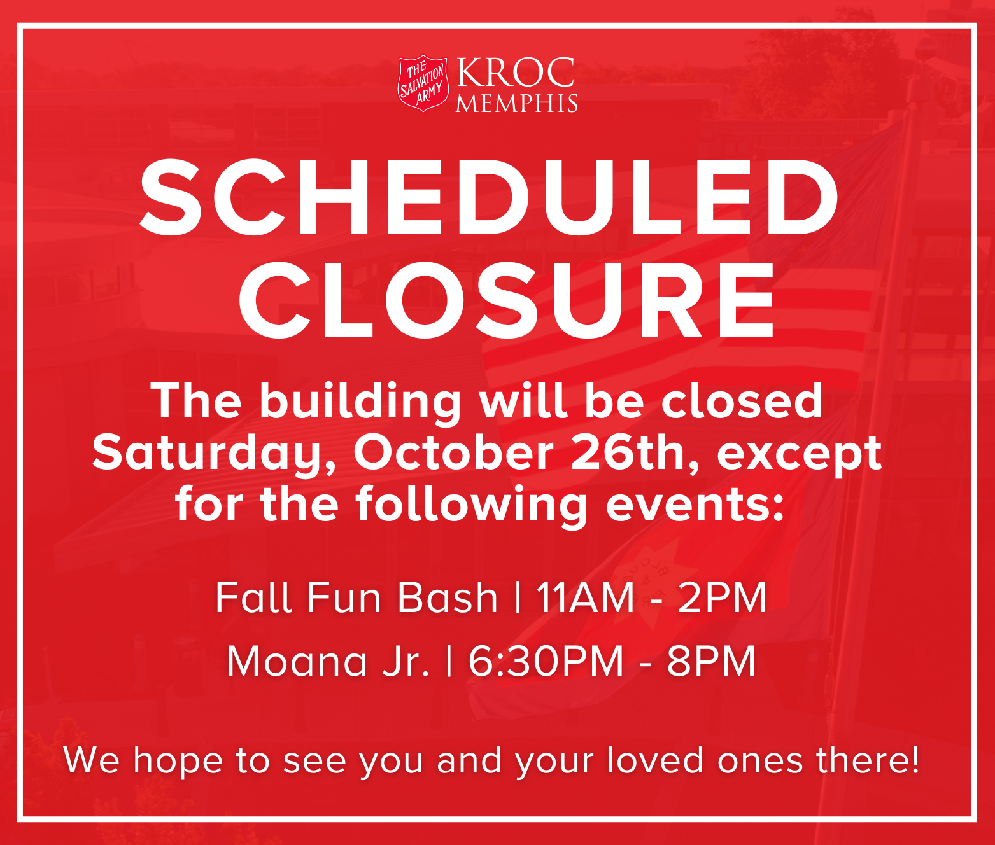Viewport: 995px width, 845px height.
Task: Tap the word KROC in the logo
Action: pyautogui.click(x=516, y=73)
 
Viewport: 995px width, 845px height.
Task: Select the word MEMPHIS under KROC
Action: pyautogui.click(x=516, y=104)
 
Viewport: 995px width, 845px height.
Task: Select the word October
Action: pyautogui.click(x=453, y=453)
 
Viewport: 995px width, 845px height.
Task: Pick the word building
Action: pyautogui.click(x=360, y=402)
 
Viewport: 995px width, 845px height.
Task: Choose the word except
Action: pyautogui.click(x=800, y=454)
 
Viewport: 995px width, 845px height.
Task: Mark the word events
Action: pyautogui.click(x=695, y=504)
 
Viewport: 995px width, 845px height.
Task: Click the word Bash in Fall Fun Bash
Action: pyautogui.click(x=448, y=597)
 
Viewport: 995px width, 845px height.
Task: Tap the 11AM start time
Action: pyautogui.click(x=585, y=597)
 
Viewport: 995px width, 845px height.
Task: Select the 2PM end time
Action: pyautogui.click(x=722, y=597)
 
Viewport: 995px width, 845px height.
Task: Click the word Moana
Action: pyautogui.click(x=297, y=661)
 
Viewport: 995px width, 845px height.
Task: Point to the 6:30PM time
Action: pyautogui.click(x=546, y=661)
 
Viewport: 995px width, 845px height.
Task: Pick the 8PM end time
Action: pyautogui.click(x=711, y=661)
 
